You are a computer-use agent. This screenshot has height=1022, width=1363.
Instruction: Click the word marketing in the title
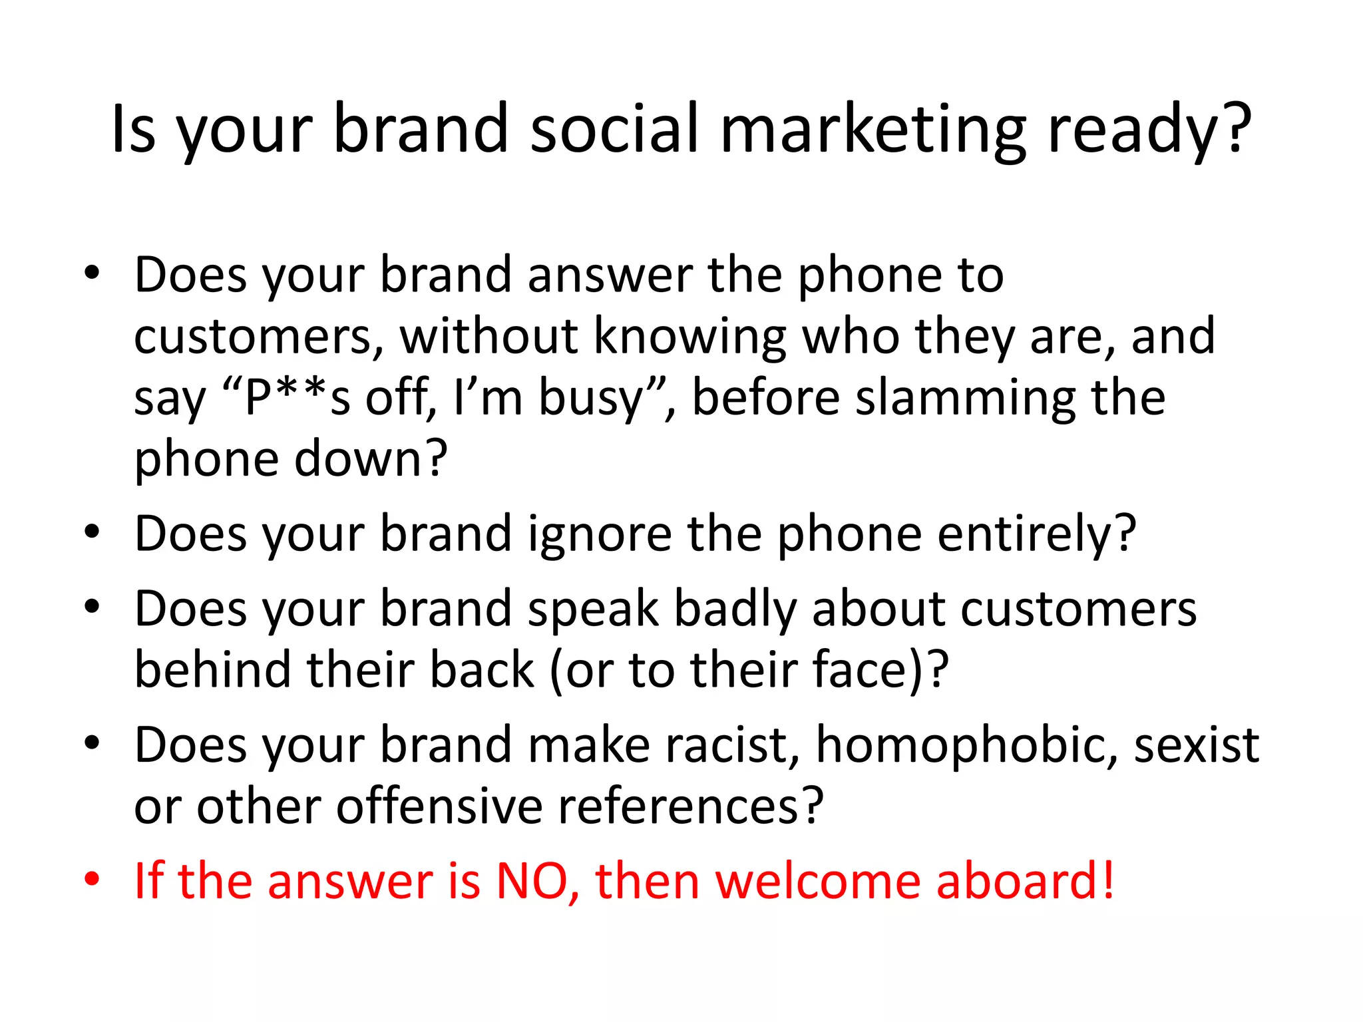tap(873, 130)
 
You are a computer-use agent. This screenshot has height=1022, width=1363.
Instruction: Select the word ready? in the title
tap(1150, 130)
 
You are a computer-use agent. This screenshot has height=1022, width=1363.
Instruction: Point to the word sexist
tap(1197, 745)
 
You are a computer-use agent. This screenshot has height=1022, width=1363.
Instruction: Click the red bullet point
tap(92, 878)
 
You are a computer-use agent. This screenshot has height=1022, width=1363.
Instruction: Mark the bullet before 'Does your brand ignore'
tap(92, 532)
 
